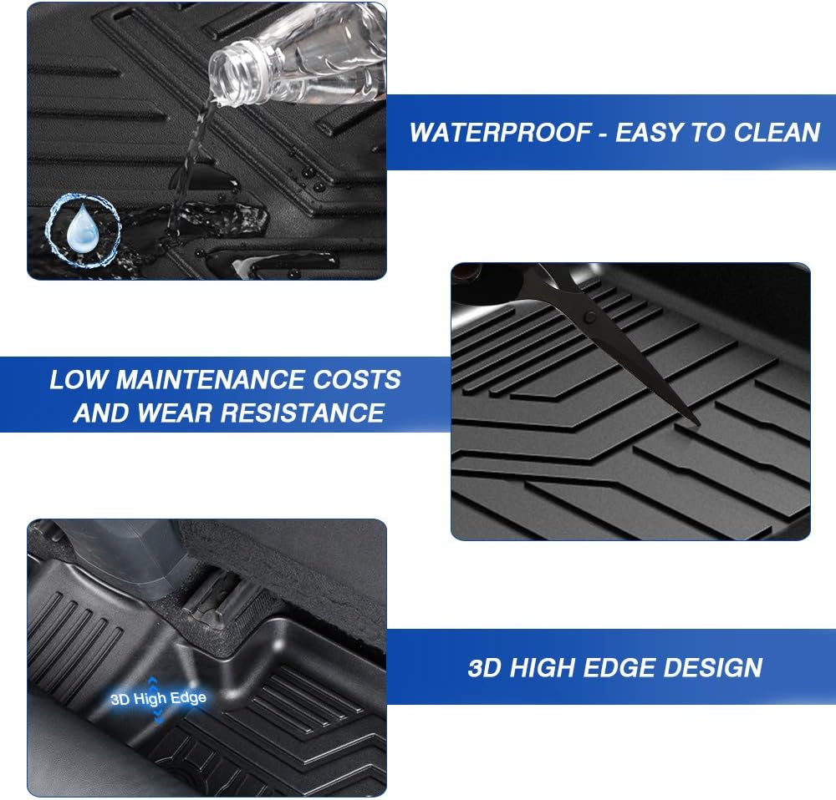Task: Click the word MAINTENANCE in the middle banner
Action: [x=212, y=380]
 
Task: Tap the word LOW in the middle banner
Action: [x=79, y=380]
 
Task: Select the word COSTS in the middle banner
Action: [x=358, y=380]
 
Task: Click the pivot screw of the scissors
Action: [x=591, y=317]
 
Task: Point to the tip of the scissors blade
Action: [x=696, y=422]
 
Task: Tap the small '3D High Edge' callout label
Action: [x=158, y=698]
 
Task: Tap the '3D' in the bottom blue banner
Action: [x=484, y=668]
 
